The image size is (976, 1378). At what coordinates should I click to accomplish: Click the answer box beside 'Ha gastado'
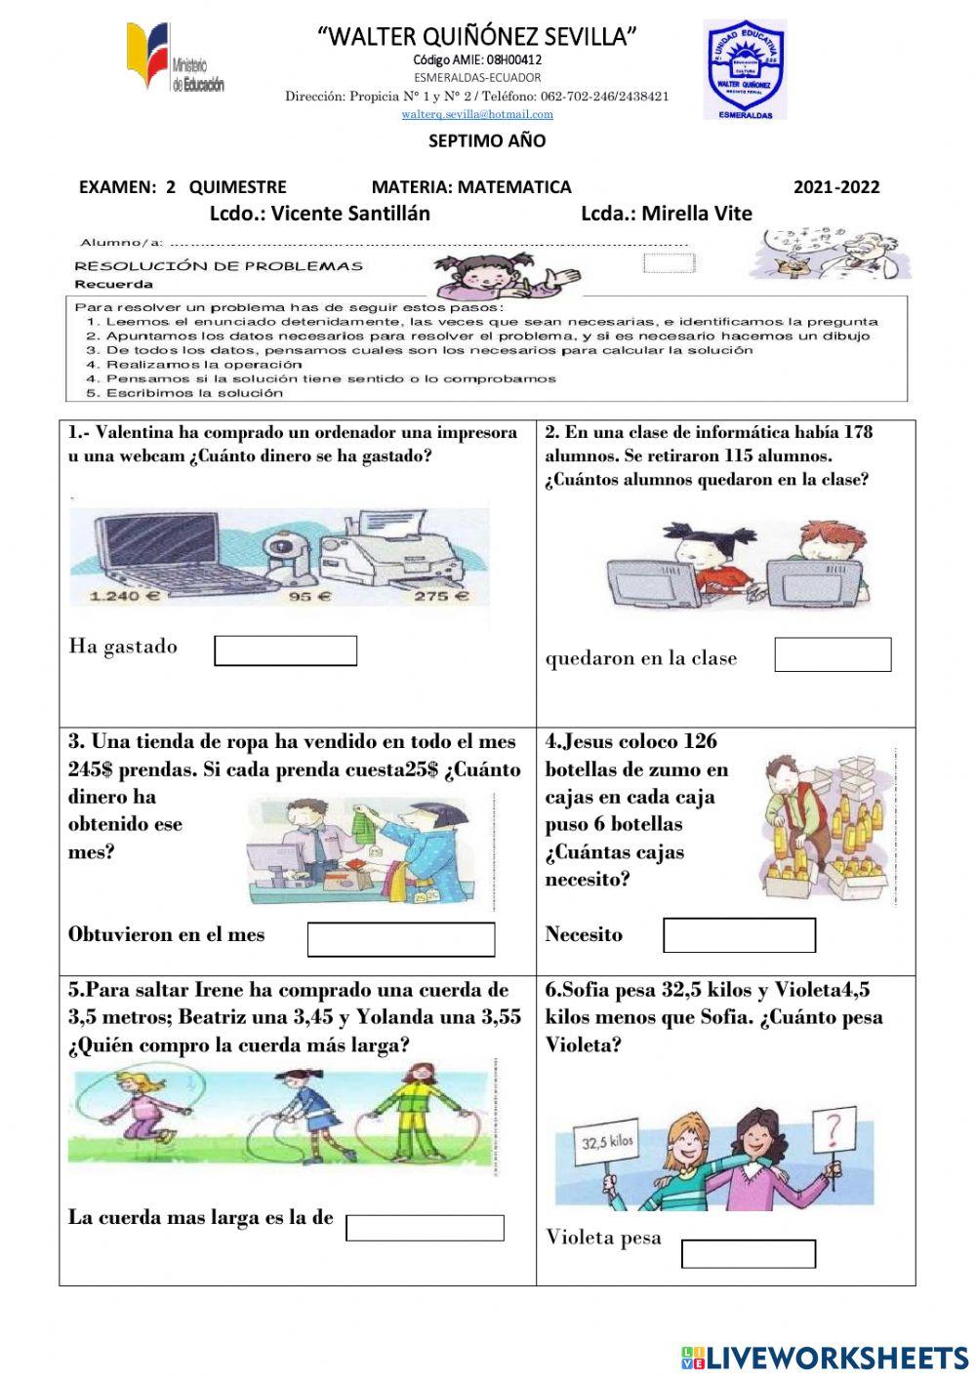(285, 650)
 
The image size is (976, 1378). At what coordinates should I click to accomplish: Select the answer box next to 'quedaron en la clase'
(833, 654)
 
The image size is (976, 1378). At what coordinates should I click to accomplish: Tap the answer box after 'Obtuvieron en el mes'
(401, 939)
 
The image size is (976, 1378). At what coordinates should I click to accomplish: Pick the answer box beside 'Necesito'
(739, 935)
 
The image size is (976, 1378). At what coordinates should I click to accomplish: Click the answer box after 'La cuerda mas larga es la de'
(425, 1228)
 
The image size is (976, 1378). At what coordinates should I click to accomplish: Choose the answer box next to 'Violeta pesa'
(748, 1253)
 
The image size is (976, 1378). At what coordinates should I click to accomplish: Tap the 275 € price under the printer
(442, 597)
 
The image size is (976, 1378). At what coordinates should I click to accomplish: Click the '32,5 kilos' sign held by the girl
(606, 1142)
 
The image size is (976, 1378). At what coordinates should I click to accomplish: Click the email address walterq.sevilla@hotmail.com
(477, 114)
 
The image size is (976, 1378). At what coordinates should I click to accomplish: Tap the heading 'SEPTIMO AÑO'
(487, 140)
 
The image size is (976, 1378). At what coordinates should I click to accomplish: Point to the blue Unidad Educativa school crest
(745, 70)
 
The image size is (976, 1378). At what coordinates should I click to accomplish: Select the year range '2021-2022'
(835, 187)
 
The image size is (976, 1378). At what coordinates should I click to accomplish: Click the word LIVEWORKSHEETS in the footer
(837, 1357)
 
